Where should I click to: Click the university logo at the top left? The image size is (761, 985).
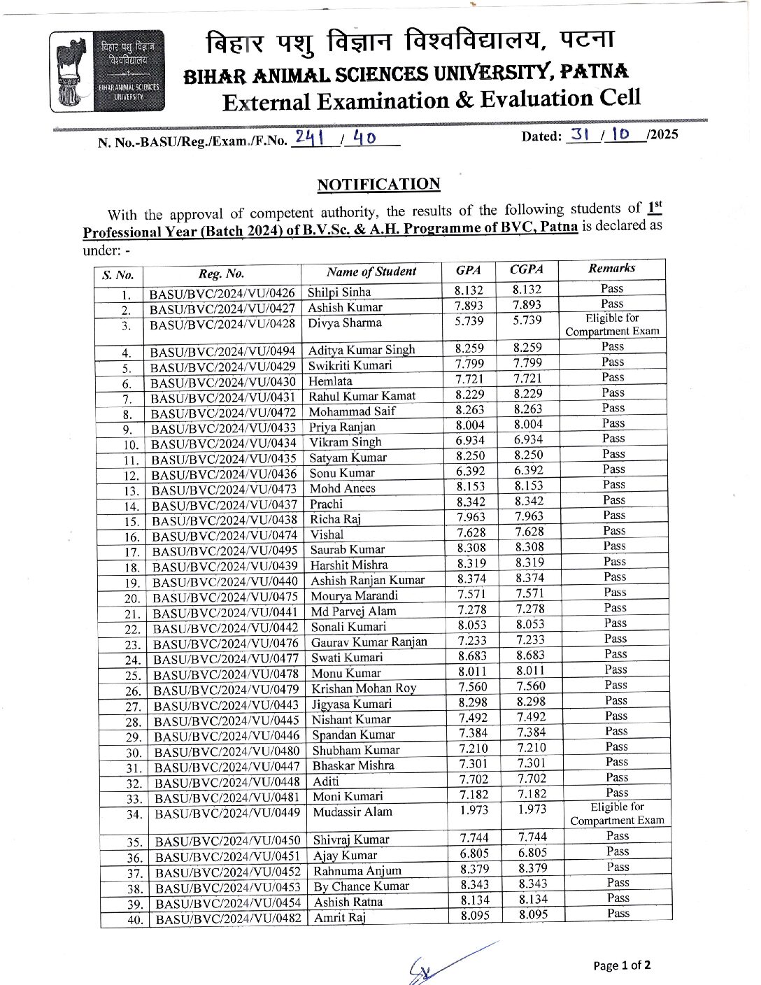[108, 71]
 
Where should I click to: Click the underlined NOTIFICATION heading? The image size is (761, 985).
[378, 185]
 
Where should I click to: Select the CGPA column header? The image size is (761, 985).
[526, 269]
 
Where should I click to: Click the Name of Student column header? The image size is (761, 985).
[371, 271]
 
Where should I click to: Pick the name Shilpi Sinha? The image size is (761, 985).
[339, 292]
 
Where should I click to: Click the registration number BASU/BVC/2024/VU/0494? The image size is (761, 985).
[222, 351]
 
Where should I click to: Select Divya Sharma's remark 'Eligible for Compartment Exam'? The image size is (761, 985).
[612, 325]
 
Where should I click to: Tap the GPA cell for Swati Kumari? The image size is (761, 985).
[472, 656]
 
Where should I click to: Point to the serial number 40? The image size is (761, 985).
[135, 920]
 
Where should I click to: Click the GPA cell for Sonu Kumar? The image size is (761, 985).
[470, 472]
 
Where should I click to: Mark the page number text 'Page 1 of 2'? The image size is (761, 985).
[622, 965]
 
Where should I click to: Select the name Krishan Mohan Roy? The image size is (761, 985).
[364, 688]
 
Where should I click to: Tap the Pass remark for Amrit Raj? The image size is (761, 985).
[618, 913]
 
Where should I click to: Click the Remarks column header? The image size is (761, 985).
[612, 268]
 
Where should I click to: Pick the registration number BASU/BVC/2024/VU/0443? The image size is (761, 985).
[226, 706]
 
